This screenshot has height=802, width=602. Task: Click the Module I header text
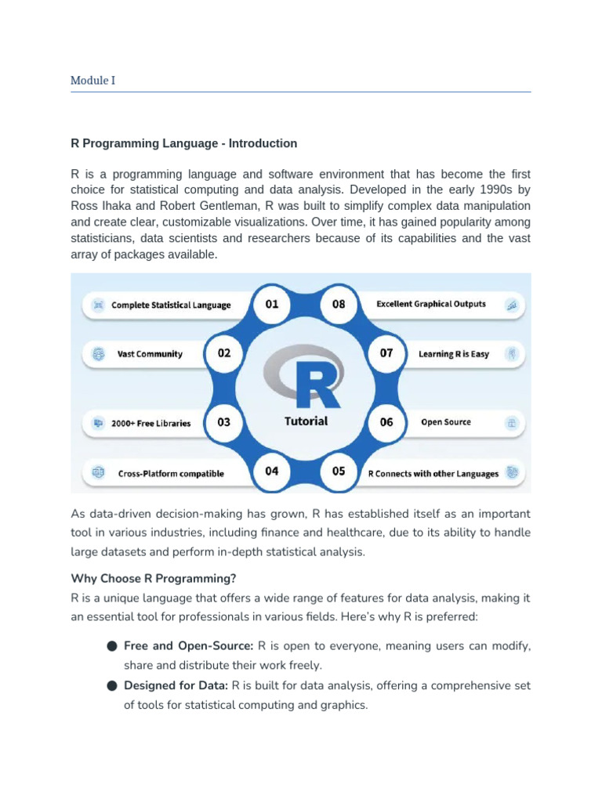point(92,80)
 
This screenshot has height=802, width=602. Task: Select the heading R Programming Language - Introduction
point(184,143)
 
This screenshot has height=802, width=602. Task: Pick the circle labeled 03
point(224,422)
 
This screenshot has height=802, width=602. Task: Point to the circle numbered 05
point(339,471)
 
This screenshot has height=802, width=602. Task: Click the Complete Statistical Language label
point(171,305)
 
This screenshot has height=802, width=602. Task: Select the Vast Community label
point(150,354)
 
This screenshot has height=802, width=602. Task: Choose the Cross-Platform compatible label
point(171,473)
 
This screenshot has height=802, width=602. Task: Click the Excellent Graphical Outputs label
point(431,304)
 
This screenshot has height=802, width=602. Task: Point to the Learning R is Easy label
point(453,354)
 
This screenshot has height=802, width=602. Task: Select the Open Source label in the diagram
point(446,422)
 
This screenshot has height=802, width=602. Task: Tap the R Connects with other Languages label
point(433,473)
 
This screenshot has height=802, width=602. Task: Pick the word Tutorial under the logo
point(306,421)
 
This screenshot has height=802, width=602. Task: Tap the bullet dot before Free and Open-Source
point(112,647)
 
